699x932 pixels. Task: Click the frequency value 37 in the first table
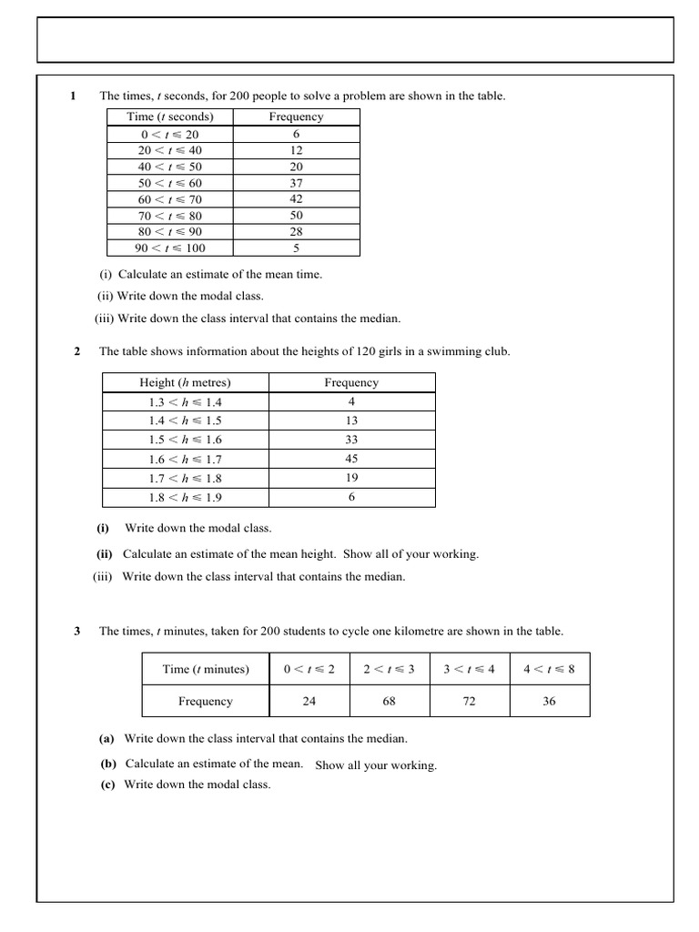(296, 183)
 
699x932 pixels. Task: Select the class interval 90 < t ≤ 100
(170, 248)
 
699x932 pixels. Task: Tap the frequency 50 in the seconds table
(296, 216)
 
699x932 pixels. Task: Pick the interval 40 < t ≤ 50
(170, 167)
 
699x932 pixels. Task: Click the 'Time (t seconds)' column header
(170, 116)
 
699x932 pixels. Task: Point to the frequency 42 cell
(296, 199)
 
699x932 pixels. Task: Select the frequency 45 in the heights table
(351, 459)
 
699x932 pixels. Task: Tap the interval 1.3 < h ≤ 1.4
(185, 401)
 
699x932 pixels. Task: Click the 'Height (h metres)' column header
(185, 382)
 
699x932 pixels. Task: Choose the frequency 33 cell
(351, 440)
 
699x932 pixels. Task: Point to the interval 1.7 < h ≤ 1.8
(185, 478)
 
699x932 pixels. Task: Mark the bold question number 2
(76, 351)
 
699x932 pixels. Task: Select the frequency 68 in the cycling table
(389, 702)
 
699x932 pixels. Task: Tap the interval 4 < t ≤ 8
(549, 669)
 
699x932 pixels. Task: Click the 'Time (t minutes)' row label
(206, 669)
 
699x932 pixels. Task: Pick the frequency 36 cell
(549, 702)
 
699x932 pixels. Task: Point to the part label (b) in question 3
(107, 764)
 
